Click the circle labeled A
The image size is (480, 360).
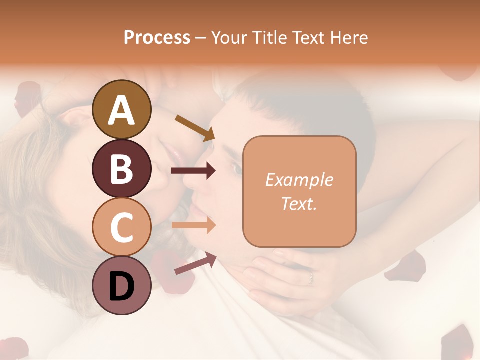coord(121,110)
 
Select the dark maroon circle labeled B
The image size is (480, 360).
coord(121,168)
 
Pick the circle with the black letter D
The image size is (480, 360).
coord(121,285)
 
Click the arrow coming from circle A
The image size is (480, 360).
coord(194,127)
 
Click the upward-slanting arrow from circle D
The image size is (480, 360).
coord(195,263)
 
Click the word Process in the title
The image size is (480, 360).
coord(157,37)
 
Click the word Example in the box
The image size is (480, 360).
coord(299,180)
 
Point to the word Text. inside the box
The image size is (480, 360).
coord(299,203)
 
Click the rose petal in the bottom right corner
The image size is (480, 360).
coord(457,342)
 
